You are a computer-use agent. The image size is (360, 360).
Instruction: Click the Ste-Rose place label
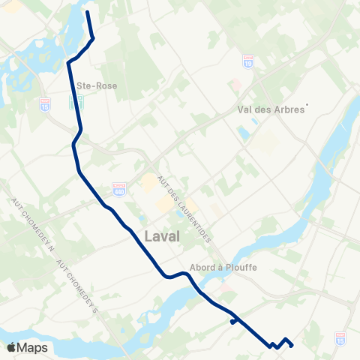pyautogui.click(x=96, y=85)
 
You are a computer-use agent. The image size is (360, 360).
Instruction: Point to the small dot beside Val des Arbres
pyautogui.click(x=307, y=105)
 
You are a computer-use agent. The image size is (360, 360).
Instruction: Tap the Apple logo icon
pyautogui.click(x=12, y=348)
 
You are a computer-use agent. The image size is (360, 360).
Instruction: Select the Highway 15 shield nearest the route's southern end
pyautogui.click(x=343, y=338)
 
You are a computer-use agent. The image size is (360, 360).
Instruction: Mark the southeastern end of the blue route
pyautogui.click(x=292, y=345)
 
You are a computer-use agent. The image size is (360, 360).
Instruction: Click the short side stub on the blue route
pyautogui.click(x=233, y=322)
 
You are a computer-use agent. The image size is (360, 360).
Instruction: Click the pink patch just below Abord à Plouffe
pyautogui.click(x=223, y=286)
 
